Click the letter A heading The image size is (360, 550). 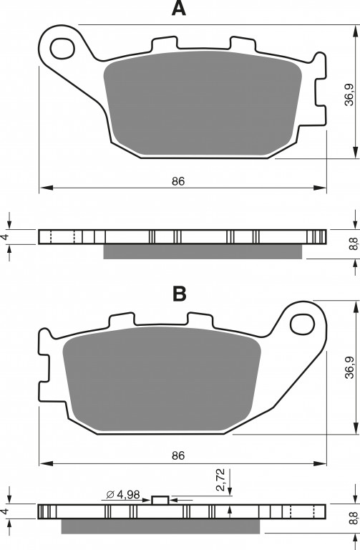click(178, 8)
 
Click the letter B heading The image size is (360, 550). click(180, 294)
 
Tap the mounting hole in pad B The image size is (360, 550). click(302, 324)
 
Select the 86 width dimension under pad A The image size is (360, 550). click(178, 181)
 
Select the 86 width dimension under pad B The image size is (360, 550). click(178, 455)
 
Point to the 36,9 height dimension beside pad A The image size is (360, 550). click(349, 95)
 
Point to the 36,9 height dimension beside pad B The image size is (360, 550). click(349, 367)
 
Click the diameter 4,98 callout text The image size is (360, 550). click(122, 495)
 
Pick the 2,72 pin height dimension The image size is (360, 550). click(220, 481)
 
